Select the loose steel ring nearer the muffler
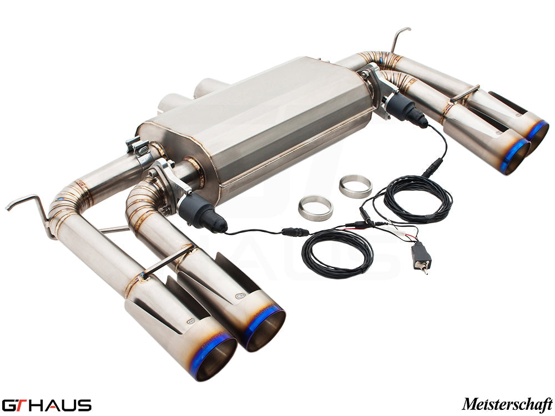[355, 186]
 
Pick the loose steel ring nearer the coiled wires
[315, 209]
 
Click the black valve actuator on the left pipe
[202, 214]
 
